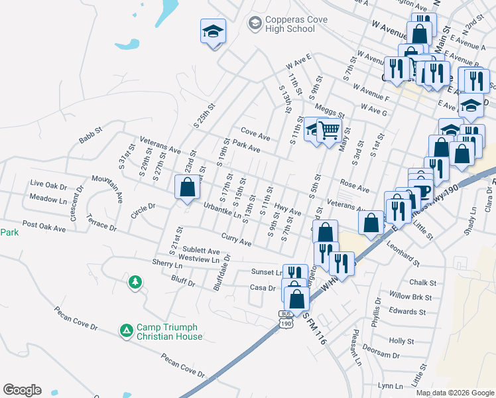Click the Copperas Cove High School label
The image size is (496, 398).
click(290, 25)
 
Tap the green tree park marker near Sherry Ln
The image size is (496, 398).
click(135, 283)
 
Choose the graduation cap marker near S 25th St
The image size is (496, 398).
click(213, 32)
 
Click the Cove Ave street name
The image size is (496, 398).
click(255, 135)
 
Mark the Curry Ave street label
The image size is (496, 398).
click(236, 240)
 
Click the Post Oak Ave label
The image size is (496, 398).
click(44, 228)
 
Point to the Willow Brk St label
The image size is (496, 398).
click(411, 296)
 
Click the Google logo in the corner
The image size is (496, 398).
click(22, 390)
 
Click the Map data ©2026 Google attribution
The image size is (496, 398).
click(455, 393)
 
